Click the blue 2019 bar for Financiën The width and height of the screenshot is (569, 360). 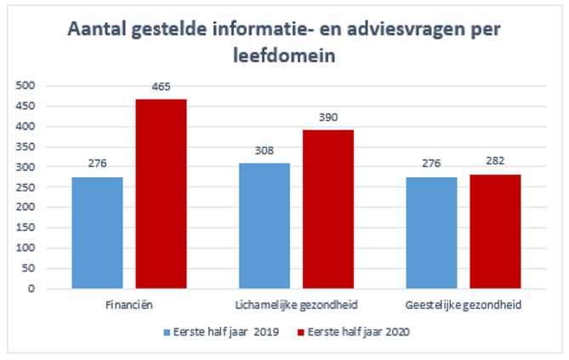click(x=98, y=232)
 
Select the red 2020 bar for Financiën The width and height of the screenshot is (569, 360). click(x=161, y=194)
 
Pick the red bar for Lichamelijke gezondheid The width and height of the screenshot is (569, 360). click(x=328, y=209)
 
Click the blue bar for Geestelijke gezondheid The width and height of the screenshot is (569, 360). click(x=431, y=232)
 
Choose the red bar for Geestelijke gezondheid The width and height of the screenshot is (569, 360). click(x=495, y=231)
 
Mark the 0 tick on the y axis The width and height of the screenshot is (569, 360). click(x=32, y=289)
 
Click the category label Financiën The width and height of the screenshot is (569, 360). click(x=129, y=305)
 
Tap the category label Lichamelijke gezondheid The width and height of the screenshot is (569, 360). click(x=296, y=305)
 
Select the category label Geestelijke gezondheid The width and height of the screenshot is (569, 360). click(x=464, y=305)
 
